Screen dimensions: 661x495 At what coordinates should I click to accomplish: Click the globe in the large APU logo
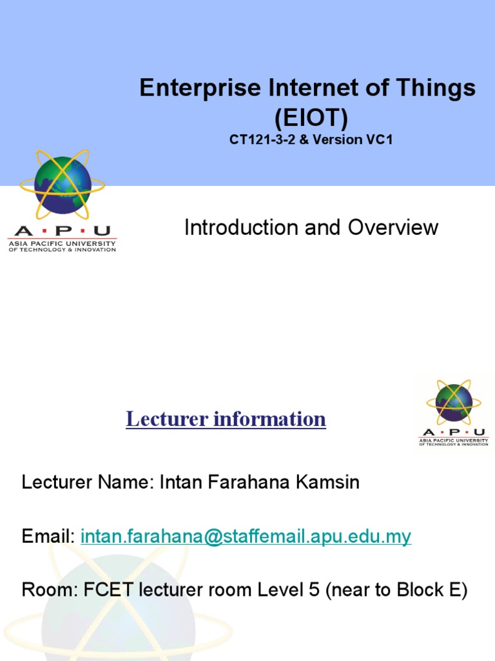[63, 185]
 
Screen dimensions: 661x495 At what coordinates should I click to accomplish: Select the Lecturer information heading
[226, 419]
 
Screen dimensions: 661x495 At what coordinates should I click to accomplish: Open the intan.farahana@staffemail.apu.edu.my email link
[246, 536]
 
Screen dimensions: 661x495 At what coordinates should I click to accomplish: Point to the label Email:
[49, 536]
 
